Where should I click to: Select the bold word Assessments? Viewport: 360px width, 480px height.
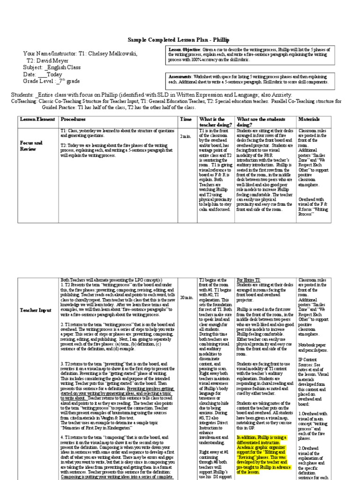(180, 76)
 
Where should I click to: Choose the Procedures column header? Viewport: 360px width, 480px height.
(73, 120)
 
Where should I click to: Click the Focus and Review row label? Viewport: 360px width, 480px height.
(31, 145)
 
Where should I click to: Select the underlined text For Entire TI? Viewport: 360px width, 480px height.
(249, 280)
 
